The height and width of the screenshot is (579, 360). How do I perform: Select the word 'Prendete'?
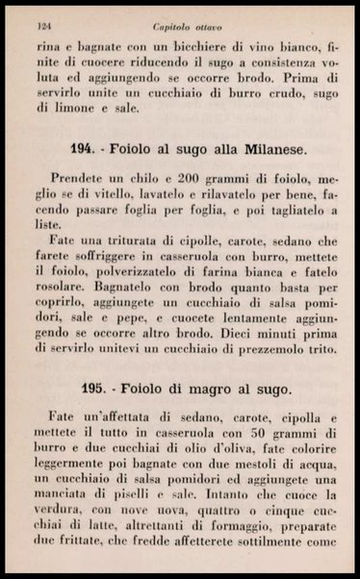coord(81,182)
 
